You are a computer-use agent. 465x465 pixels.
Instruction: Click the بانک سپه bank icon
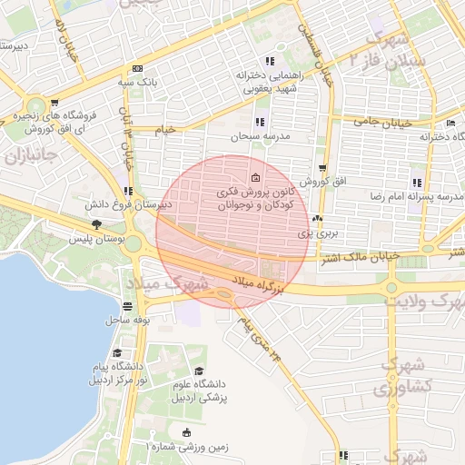(137, 68)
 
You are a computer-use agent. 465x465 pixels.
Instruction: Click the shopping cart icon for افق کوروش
(322, 169)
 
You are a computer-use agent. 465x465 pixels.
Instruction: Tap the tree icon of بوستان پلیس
(95, 224)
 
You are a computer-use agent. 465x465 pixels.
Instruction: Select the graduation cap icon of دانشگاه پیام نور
(116, 353)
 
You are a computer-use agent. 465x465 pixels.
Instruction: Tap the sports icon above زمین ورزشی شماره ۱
(187, 431)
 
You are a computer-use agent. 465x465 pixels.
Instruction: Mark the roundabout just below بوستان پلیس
(134, 243)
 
